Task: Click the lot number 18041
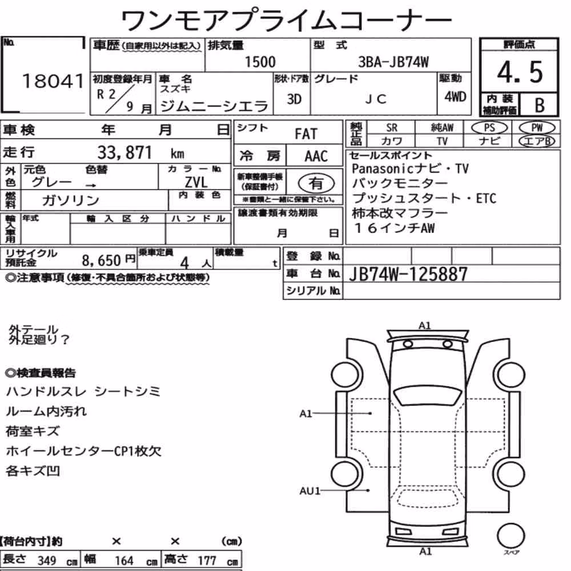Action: point(53,81)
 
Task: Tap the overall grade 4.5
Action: point(520,72)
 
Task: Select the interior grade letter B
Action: point(540,105)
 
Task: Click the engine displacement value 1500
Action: point(260,62)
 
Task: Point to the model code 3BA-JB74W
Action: point(393,62)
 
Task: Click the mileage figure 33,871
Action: point(124,152)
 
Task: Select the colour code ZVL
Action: point(196,182)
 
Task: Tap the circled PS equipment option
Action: point(489,128)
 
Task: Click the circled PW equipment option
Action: point(537,128)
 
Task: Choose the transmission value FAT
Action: point(306,134)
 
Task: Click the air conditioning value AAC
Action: point(316,156)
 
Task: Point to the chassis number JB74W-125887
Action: point(408,274)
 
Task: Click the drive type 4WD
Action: point(455,97)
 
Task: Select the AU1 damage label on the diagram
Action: point(309,491)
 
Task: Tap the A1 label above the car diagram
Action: point(425,325)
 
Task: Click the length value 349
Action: point(47,561)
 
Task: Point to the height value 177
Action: point(207,561)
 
